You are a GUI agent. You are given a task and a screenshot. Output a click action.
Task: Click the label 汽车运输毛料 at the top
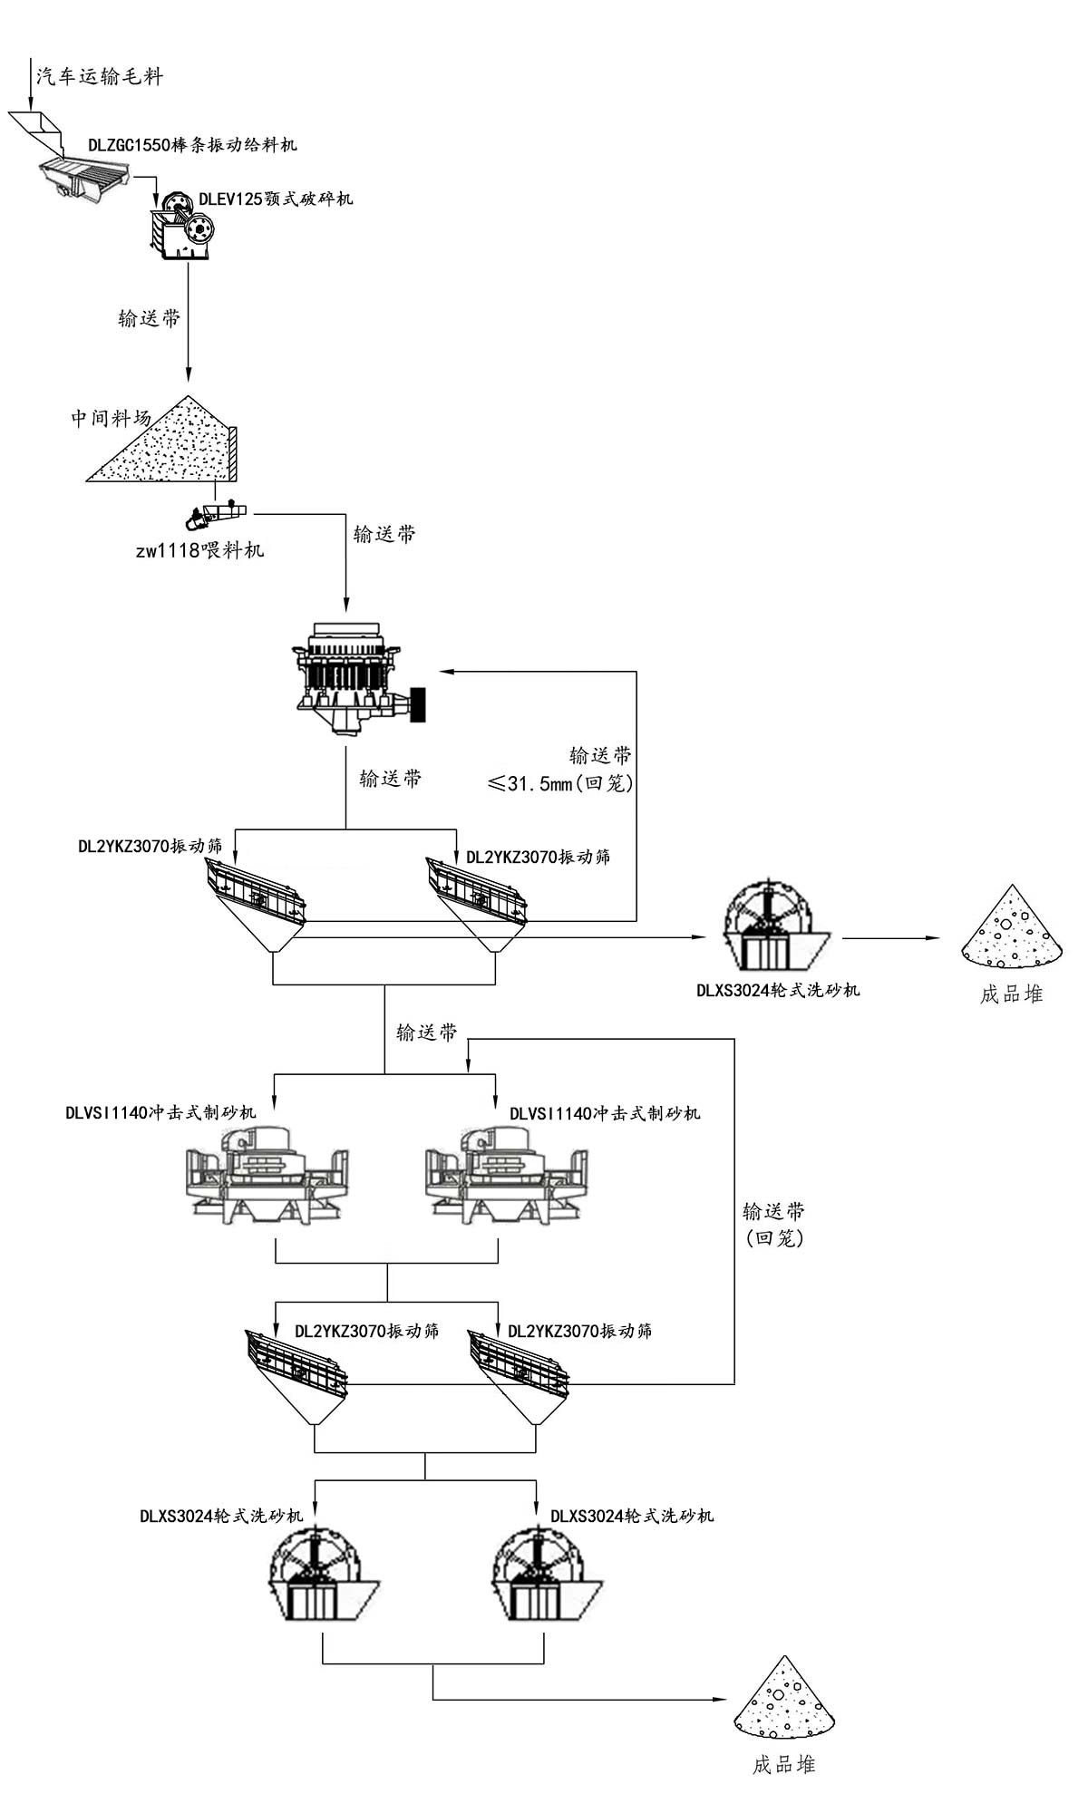point(100,76)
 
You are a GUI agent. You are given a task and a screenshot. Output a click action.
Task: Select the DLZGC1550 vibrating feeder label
point(192,145)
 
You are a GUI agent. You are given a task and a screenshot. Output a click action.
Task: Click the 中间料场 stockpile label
point(111,418)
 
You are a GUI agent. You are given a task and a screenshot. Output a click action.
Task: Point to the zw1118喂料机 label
point(199,550)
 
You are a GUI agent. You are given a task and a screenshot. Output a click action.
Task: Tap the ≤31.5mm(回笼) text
point(560,783)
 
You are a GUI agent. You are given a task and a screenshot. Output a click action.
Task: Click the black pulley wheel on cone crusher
point(418,704)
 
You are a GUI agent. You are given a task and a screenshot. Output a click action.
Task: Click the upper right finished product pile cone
point(1011,929)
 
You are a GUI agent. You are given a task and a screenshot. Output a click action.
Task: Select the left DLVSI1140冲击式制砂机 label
point(160,1112)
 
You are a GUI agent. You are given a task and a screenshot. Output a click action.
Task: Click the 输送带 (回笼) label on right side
point(773,1224)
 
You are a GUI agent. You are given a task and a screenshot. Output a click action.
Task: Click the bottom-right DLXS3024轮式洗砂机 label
point(632,1516)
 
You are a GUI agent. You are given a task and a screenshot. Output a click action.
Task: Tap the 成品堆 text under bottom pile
point(783,1764)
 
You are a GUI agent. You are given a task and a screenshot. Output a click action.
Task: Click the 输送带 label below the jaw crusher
point(150,318)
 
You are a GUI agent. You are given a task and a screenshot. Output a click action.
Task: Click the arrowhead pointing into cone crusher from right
point(444,672)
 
